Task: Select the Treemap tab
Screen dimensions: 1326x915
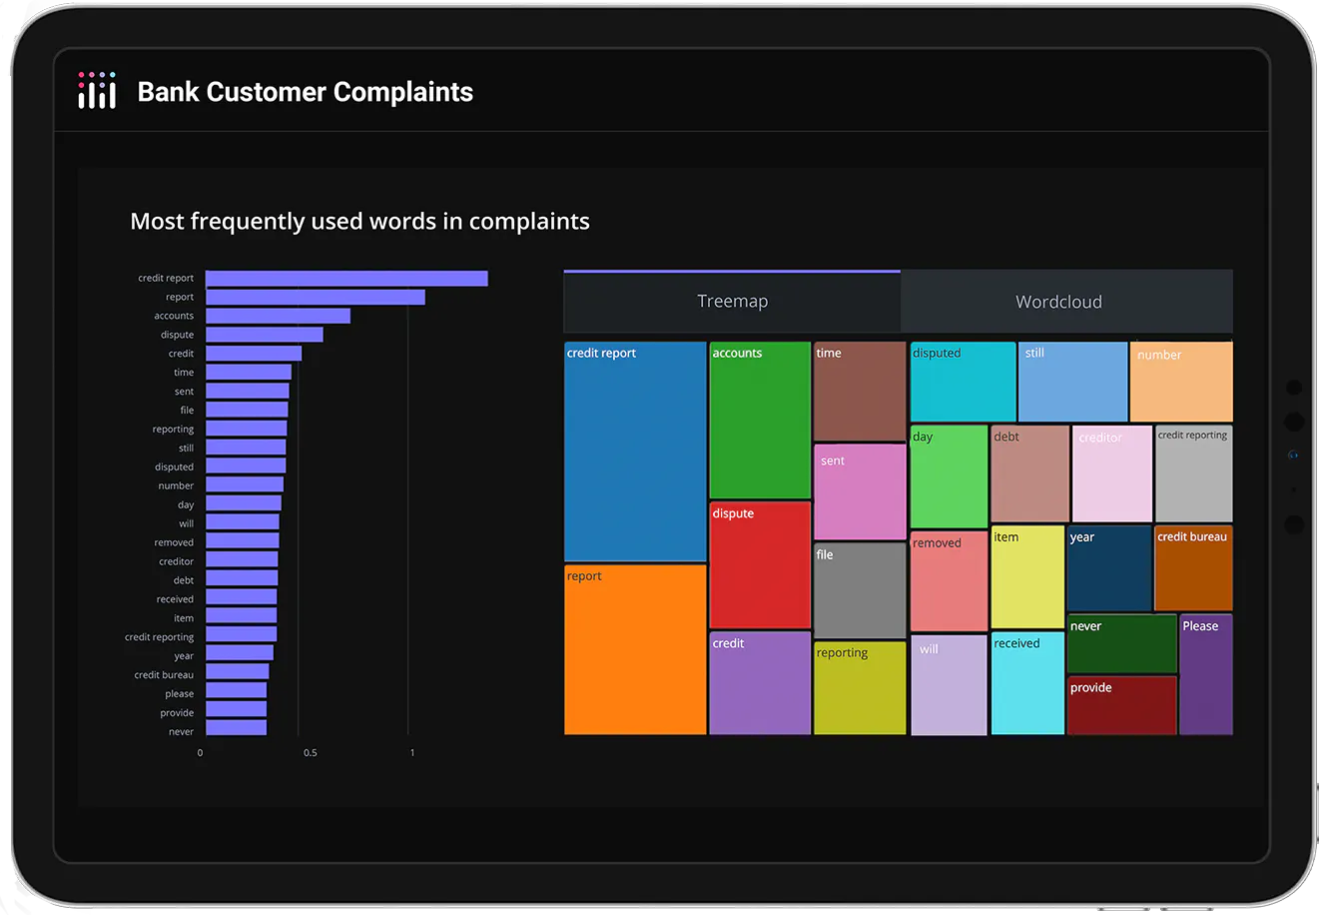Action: [732, 301]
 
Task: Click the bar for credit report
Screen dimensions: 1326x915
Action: [346, 279]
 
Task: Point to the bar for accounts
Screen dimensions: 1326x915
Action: [279, 316]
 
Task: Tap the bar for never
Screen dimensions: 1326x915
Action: [237, 727]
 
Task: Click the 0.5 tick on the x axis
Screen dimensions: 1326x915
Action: [311, 753]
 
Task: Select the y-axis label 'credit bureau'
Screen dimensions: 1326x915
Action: [164, 674]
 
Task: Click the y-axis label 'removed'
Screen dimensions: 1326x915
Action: [174, 542]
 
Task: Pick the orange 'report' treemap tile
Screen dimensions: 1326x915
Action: [635, 649]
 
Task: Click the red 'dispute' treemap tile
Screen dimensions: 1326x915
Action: [760, 565]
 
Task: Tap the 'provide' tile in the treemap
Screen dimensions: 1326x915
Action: [1121, 705]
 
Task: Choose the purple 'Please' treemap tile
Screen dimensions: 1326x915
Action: [1206, 675]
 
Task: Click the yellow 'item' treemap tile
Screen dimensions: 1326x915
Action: [1027, 576]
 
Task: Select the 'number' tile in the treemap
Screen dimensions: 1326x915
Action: [1181, 382]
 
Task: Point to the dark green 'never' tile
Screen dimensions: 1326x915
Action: [1121, 643]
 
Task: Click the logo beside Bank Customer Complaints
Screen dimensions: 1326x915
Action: [97, 91]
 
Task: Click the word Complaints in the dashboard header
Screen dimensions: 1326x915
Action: [403, 92]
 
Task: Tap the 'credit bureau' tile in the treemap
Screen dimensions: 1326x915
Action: [1193, 568]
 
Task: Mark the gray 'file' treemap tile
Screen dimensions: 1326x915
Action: [860, 590]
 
